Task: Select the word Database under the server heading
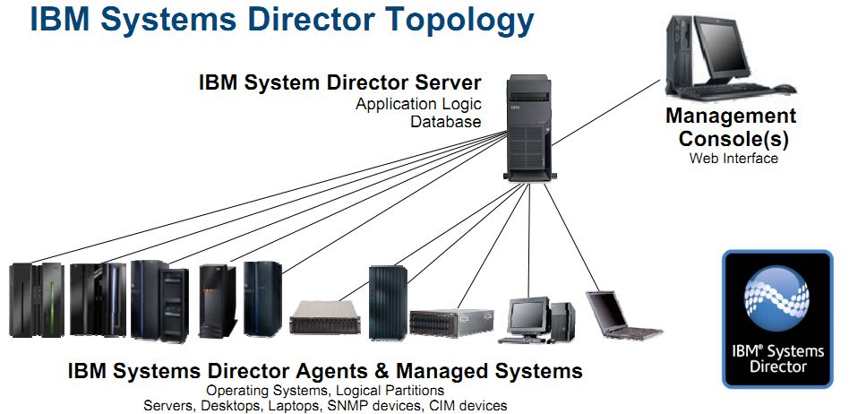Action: point(446,122)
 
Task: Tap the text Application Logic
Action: point(418,104)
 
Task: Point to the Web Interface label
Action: point(733,159)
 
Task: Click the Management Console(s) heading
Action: point(732,128)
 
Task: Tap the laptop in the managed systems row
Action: point(621,314)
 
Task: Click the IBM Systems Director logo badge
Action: point(777,319)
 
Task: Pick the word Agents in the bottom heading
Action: point(347,371)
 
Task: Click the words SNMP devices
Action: point(380,405)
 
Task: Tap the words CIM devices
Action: point(468,405)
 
